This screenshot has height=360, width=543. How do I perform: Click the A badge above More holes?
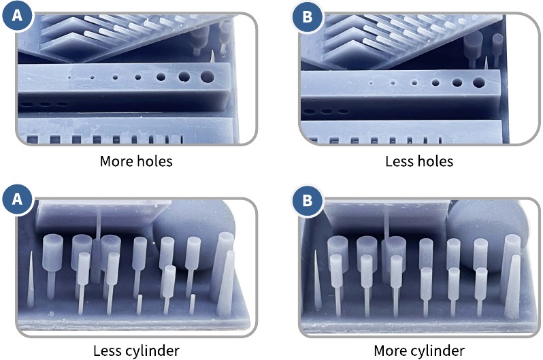(x=16, y=16)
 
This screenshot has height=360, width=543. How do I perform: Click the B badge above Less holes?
(x=307, y=16)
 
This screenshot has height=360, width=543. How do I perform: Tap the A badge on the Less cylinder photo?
(x=16, y=199)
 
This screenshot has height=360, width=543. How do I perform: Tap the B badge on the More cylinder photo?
(x=307, y=200)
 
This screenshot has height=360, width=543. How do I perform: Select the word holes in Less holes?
(x=435, y=161)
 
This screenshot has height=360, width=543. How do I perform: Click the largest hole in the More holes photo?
(x=207, y=76)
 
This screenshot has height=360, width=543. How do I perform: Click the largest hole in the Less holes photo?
(x=478, y=82)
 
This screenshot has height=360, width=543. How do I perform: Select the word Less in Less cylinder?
(x=108, y=351)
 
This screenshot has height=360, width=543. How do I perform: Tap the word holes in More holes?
(x=154, y=161)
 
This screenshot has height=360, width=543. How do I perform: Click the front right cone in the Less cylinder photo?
(x=226, y=283)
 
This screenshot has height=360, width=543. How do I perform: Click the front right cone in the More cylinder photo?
(x=512, y=287)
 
